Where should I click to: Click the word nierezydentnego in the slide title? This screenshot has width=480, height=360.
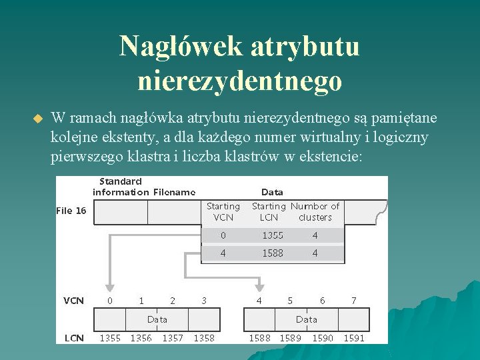240,81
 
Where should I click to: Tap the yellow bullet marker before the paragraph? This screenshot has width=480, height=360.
37,119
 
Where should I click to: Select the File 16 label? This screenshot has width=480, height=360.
71,211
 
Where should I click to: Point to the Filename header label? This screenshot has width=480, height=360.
174,192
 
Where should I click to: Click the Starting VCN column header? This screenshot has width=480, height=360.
223,212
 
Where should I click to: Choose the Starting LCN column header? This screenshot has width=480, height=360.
268,212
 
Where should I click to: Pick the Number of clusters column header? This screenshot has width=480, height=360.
315,212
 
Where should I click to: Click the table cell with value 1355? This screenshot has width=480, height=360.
272,235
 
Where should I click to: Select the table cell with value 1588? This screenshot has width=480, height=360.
272,253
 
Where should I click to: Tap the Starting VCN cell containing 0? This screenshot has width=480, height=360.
223,235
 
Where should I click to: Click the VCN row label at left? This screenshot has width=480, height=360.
73,301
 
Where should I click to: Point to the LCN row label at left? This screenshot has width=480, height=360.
73,338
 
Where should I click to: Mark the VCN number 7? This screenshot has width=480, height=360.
353,301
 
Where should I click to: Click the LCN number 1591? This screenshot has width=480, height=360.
354,338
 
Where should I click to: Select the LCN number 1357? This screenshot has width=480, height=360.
173,338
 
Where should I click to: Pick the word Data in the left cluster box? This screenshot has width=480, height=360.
157,319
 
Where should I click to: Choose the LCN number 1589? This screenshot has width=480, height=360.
290,338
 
